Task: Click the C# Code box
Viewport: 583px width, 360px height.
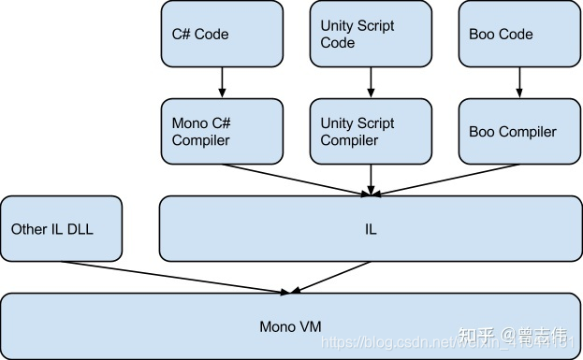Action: click(222, 35)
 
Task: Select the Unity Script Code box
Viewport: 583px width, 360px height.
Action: click(370, 35)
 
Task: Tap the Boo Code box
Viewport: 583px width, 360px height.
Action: click(517, 35)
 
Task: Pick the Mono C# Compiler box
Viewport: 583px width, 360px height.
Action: click(222, 132)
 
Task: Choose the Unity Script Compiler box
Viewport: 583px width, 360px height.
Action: click(370, 132)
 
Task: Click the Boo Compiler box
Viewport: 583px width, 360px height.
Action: click(517, 132)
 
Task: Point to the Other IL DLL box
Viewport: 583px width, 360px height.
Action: click(61, 228)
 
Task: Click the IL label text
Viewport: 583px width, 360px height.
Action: click(371, 229)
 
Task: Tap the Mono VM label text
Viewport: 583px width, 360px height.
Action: click(290, 327)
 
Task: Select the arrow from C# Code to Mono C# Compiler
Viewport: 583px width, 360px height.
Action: click(222, 82)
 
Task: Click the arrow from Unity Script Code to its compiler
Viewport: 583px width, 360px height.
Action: click(370, 82)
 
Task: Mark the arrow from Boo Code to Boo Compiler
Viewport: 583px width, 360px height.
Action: click(517, 82)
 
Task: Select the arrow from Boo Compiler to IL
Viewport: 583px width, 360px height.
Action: click(445, 180)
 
